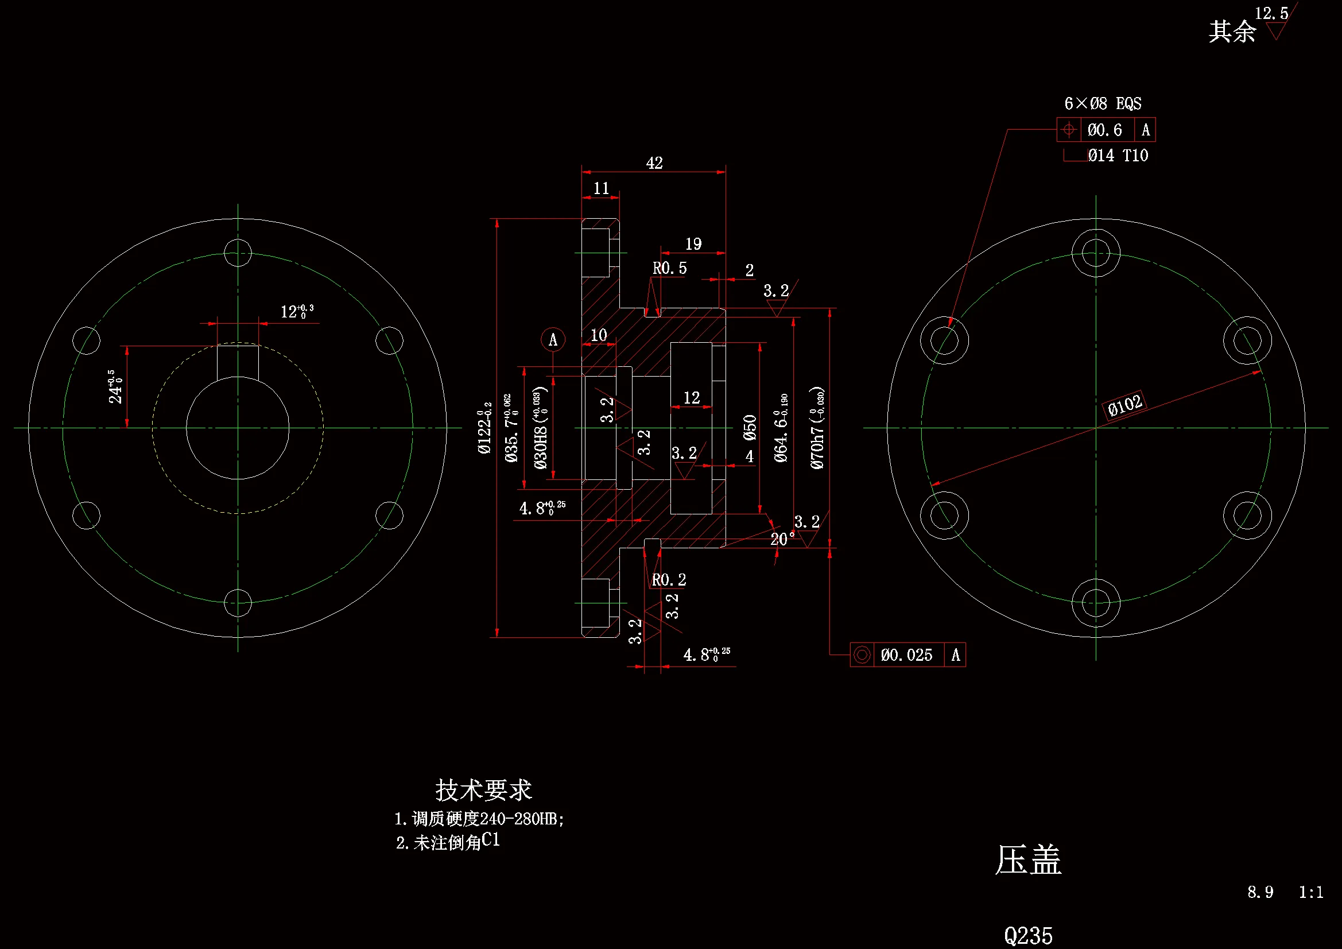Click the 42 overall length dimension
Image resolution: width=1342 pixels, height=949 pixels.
pyautogui.click(x=654, y=163)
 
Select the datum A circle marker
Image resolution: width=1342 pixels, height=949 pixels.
pyautogui.click(x=553, y=340)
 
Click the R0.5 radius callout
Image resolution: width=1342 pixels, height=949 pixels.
pyautogui.click(x=669, y=268)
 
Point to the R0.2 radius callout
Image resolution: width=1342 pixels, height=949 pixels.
pyautogui.click(x=669, y=580)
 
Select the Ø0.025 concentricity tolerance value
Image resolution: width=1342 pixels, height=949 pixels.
pyautogui.click(x=906, y=655)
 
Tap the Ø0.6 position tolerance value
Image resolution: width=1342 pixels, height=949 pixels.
pyautogui.click(x=1105, y=130)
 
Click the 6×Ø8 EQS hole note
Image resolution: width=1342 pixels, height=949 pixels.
pyautogui.click(x=1102, y=104)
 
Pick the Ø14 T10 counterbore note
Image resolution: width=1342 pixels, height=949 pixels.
pyautogui.click(x=1118, y=156)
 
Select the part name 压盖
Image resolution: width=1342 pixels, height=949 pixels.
pyautogui.click(x=1028, y=860)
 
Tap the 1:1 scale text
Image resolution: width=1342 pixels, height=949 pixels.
pyautogui.click(x=1311, y=892)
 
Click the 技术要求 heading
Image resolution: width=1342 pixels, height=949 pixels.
pyautogui.click(x=483, y=791)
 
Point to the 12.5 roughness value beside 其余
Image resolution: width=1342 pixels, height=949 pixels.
pyautogui.click(x=1271, y=13)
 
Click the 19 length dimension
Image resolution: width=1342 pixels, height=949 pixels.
pyautogui.click(x=693, y=245)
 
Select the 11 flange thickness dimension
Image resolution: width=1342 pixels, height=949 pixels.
pyautogui.click(x=601, y=188)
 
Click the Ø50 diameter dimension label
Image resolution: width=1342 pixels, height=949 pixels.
pyautogui.click(x=750, y=428)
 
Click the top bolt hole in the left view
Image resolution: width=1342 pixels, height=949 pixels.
pyautogui.click(x=238, y=253)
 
